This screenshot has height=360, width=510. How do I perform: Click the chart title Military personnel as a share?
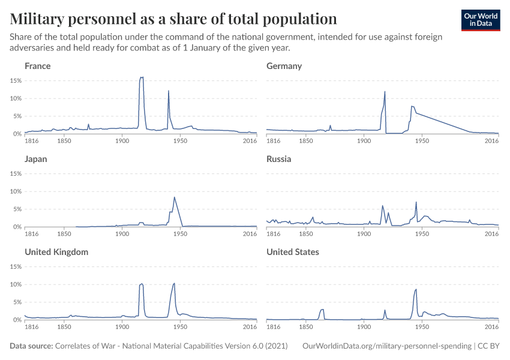coord(173,18)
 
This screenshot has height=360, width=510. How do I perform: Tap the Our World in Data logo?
coord(480,20)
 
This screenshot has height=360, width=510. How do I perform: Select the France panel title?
coord(37,66)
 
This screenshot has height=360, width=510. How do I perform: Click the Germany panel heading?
coord(284,66)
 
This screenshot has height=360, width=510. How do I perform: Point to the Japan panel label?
coord(35,159)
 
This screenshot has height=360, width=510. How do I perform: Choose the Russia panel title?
coord(279,159)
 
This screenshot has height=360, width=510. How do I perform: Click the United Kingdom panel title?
coord(56,252)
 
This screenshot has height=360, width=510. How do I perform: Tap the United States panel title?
coord(293,252)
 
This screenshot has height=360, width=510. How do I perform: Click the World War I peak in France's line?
coord(142,77)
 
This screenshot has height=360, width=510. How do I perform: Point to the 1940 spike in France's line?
coord(169,91)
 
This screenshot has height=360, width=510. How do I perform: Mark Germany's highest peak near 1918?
coord(385,92)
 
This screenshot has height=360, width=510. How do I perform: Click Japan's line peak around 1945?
coord(174,197)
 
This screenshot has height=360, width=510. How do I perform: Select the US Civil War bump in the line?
coord(322,310)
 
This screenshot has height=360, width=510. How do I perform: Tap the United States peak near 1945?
coord(416,290)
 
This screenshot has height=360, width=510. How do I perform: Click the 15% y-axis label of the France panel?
coord(16,80)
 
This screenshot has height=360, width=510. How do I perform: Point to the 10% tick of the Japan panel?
coord(16,191)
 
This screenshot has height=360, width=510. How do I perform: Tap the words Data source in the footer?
coord(31,346)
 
